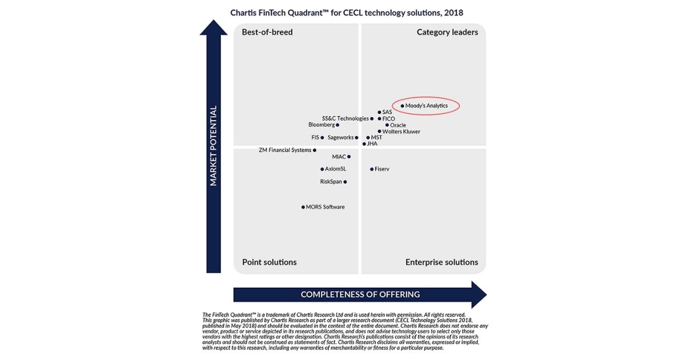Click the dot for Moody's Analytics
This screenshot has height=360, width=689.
pos(402,106)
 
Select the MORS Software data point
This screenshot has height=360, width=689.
pos(303,207)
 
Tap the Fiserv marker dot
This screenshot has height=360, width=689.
pos(371,169)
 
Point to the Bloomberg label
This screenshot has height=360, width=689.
pos(321,125)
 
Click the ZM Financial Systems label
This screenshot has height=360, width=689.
pos(285,150)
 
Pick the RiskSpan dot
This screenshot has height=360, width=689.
pos(345,182)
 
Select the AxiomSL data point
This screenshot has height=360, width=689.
pos(322,169)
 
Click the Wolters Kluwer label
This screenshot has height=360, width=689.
pos(401,131)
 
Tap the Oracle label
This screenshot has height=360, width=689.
pos(398,125)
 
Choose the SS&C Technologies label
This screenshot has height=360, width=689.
pos(345,118)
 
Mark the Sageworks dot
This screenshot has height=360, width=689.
pos(357,138)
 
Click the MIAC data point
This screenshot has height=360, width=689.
pos(349,157)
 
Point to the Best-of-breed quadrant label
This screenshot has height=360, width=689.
pos(267,32)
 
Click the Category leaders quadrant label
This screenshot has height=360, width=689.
pos(447,32)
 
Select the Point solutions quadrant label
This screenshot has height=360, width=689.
pos(269,262)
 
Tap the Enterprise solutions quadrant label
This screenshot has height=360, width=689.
pos(442,262)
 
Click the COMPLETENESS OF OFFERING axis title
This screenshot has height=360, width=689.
pos(360,295)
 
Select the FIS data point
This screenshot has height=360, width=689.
pos(322,138)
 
